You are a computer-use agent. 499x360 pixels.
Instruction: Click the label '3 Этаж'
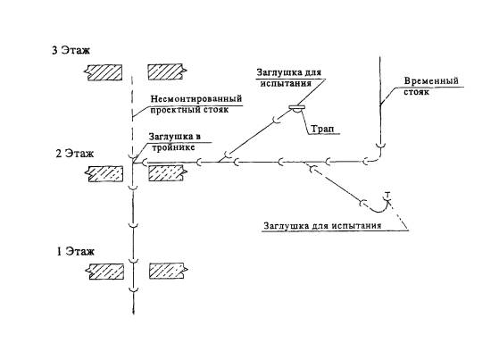click(x=71, y=50)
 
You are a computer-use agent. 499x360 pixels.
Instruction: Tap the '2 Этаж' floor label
click(x=75, y=154)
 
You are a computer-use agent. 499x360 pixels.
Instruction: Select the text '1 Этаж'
click(x=75, y=252)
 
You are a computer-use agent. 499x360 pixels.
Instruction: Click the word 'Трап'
click(x=321, y=129)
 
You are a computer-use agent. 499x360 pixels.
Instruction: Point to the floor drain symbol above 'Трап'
click(x=297, y=108)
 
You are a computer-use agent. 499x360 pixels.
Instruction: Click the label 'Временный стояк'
click(x=431, y=87)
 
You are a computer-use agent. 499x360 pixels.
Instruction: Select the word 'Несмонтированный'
click(x=196, y=99)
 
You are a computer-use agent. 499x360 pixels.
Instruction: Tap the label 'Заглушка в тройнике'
click(x=175, y=142)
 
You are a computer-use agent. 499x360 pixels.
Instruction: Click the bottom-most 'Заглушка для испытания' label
click(x=322, y=225)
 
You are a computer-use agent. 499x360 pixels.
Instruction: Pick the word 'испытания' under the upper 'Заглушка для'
click(x=286, y=83)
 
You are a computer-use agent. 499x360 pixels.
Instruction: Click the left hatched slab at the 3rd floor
click(x=104, y=72)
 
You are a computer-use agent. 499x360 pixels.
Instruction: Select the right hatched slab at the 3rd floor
click(x=167, y=72)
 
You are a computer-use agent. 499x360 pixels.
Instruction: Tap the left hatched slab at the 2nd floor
click(x=104, y=173)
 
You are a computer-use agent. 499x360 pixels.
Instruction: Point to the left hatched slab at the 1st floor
click(x=105, y=272)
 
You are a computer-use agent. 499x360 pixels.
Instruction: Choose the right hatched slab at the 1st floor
click(x=169, y=271)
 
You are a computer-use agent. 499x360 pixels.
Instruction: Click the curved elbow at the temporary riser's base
click(x=378, y=157)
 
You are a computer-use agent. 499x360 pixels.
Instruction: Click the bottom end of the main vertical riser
click(x=133, y=314)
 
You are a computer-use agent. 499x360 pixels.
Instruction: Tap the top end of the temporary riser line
click(x=380, y=56)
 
